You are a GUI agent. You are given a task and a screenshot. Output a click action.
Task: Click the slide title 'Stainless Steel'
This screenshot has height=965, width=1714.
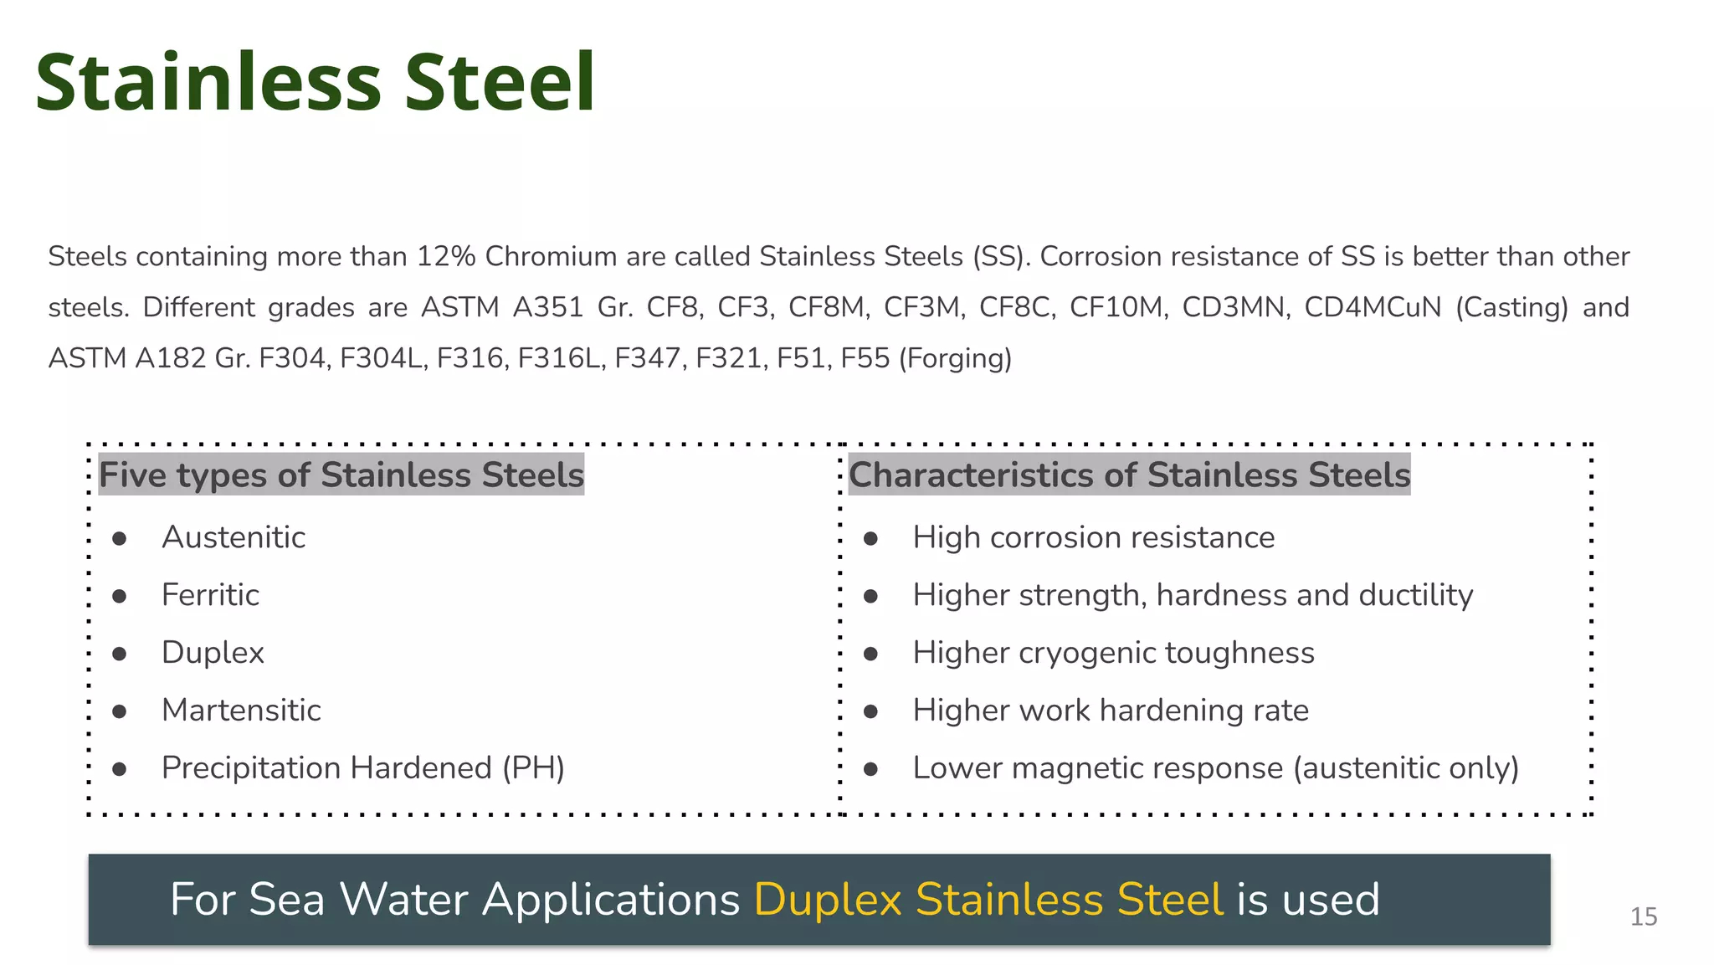click(315, 82)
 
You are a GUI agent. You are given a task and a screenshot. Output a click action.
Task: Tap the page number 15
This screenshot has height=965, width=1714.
click(1643, 916)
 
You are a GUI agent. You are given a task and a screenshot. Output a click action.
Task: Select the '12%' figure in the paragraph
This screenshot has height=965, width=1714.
click(446, 256)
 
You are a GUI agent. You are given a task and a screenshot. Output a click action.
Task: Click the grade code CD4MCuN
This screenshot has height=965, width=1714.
click(1373, 307)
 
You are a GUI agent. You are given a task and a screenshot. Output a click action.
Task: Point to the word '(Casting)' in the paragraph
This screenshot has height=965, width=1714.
click(1511, 307)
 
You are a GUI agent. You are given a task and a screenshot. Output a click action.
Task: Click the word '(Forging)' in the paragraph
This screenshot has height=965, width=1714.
click(955, 358)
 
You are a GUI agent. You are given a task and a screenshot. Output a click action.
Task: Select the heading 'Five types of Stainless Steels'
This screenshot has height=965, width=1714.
click(341, 475)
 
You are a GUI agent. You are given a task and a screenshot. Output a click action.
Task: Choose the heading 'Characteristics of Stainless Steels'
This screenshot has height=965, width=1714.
click(1129, 475)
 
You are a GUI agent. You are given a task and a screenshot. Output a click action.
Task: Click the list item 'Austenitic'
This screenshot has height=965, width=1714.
click(233, 537)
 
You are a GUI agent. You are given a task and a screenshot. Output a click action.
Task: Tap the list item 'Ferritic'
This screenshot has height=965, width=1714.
click(210, 595)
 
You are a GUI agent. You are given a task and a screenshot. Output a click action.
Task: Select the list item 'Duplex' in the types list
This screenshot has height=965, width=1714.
click(213, 653)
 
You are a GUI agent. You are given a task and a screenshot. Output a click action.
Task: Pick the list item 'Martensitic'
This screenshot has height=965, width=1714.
click(241, 711)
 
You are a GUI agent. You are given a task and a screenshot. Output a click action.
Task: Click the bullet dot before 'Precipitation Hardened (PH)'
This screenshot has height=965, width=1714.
click(120, 768)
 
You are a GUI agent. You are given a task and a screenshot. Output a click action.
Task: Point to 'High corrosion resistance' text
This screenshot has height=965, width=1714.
click(1093, 537)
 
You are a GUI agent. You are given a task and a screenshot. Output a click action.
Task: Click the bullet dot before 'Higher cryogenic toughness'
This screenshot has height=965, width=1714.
click(870, 654)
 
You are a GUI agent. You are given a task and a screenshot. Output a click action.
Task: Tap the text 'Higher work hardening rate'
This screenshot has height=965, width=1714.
click(1111, 711)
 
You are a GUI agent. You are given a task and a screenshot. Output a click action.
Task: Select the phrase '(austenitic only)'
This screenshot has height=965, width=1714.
click(1405, 768)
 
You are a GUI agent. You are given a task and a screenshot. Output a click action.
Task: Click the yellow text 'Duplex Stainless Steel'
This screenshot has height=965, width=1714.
click(988, 900)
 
